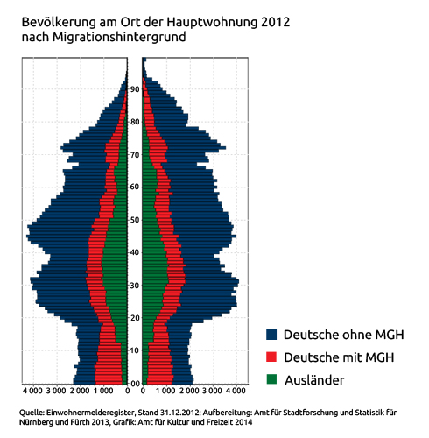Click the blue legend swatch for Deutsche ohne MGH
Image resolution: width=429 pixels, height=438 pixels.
coord(271,335)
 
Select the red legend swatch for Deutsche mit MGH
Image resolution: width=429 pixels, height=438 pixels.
coord(271,357)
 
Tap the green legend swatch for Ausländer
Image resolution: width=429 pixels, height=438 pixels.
coord(271,379)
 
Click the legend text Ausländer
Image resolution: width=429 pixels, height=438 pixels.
coord(314,380)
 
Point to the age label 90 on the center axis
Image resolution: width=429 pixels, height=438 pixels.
coord(135,89)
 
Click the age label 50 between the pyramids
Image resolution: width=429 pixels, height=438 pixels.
coord(135,220)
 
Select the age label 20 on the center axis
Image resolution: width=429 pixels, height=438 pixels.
coord(135,318)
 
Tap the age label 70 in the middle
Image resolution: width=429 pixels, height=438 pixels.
coord(135,154)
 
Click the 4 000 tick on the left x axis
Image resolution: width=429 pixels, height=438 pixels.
coord(32,391)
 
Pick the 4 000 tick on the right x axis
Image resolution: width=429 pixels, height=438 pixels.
coord(236,391)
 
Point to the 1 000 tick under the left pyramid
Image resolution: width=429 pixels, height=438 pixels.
coord(103,391)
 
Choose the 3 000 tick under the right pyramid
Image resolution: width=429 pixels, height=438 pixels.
coord(212,391)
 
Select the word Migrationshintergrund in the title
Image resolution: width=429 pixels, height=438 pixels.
coord(119,38)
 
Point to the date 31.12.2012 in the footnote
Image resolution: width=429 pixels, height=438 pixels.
coord(179,413)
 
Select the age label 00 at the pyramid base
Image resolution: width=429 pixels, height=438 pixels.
coord(135,384)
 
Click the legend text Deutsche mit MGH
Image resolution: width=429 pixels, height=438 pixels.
coord(339,357)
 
